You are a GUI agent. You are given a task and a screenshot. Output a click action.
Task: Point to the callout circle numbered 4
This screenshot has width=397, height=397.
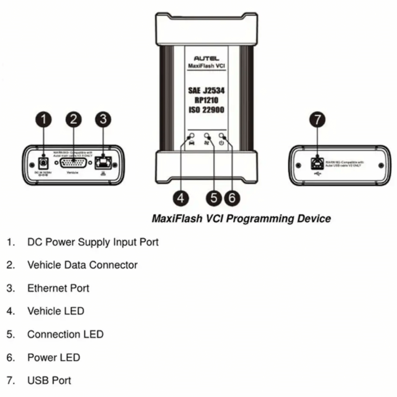click(181, 197)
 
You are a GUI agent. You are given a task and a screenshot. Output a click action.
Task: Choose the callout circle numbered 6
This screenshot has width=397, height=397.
click(232, 197)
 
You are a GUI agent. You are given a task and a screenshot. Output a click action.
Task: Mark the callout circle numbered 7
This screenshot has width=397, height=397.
click(317, 120)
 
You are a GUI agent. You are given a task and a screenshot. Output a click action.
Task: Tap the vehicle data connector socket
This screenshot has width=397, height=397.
click(73, 163)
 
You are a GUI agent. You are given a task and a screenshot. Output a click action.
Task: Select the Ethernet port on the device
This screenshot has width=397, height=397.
click(103, 163)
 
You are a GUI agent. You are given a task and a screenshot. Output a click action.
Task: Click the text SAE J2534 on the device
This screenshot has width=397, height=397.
click(206, 91)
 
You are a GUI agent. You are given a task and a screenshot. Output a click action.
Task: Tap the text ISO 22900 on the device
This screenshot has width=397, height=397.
click(206, 109)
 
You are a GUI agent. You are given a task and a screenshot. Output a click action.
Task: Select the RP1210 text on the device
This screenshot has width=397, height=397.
click(206, 100)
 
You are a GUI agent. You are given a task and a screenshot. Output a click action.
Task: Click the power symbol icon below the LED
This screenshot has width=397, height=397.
click(222, 143)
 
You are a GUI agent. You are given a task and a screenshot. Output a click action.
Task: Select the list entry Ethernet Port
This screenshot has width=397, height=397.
click(58, 288)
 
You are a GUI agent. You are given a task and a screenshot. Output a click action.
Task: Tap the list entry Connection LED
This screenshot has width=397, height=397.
click(65, 334)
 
